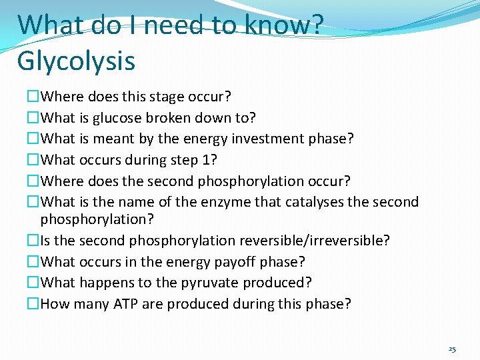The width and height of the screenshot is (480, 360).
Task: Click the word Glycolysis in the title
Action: [x=76, y=61]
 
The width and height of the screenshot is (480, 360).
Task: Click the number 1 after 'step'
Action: [x=205, y=160]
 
